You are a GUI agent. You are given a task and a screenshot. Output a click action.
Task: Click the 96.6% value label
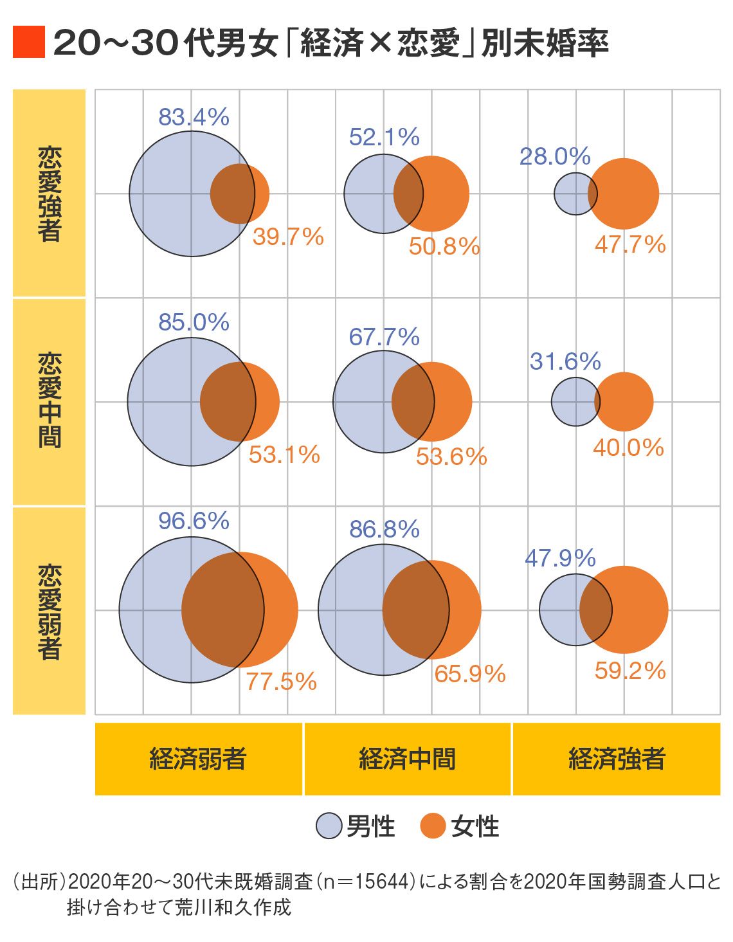point(194,521)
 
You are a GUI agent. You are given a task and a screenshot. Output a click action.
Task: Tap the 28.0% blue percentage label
point(555,156)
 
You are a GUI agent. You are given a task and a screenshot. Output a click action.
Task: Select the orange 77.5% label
point(281,682)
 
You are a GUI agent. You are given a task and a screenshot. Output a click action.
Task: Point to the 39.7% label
point(288,237)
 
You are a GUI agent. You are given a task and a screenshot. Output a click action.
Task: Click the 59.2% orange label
point(629,671)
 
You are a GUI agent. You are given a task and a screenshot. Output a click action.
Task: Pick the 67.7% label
point(384,337)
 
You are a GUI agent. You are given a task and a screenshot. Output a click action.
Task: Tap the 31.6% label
point(565,361)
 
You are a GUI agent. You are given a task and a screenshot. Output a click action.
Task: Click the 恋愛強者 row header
point(50,194)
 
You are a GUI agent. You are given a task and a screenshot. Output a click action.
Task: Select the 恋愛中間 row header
point(50,402)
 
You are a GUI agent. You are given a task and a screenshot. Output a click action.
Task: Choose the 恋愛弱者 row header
point(50,610)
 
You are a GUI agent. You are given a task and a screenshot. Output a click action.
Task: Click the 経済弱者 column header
point(198,759)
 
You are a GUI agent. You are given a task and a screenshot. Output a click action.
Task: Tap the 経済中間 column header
point(407,759)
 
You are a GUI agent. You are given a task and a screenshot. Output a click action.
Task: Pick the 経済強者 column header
point(616,759)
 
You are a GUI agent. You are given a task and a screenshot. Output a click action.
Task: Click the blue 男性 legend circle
point(329,826)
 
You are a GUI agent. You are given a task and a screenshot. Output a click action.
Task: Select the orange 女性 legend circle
point(433,826)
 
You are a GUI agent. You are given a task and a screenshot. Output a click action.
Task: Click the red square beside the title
point(29,42)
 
